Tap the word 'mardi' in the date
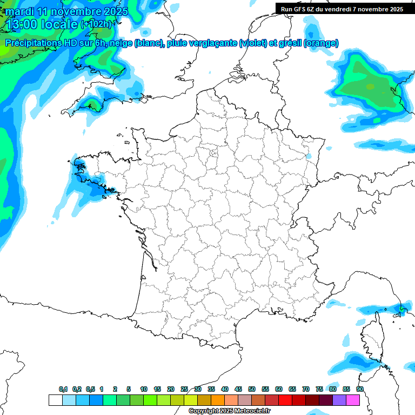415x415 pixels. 19,11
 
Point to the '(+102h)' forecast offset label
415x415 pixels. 96,24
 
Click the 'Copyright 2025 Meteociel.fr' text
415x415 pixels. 229,411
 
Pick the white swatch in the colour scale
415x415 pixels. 55,400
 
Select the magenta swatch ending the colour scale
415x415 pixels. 353,400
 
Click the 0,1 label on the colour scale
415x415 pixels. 63,390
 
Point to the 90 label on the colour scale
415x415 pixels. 360,390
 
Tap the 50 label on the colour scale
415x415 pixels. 252,390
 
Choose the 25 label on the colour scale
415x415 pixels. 184,390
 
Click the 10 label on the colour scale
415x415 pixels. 144,390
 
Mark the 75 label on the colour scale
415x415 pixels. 319,390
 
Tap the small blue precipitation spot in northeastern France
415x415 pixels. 309,156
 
